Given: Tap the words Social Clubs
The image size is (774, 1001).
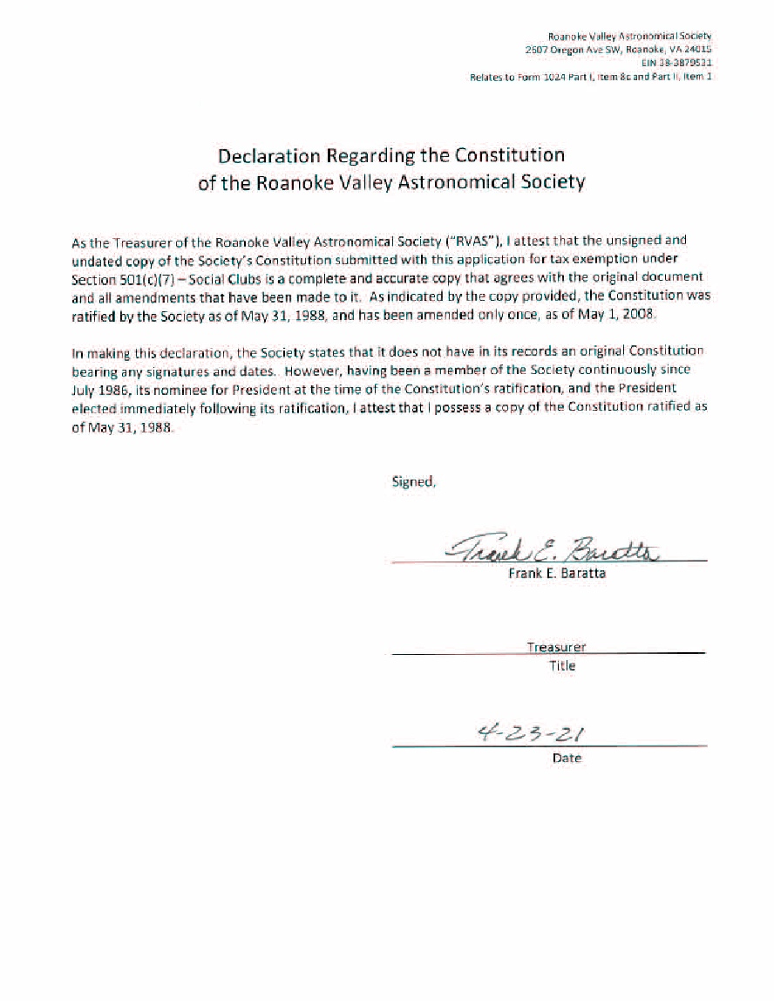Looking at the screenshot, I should click(222, 277).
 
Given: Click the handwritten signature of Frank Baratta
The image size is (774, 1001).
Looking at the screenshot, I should click(553, 549).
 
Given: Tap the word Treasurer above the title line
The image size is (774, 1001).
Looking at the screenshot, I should click(556, 647).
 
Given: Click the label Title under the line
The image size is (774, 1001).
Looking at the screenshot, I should click(561, 666).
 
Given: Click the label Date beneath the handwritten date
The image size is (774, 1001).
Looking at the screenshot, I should click(567, 759).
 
